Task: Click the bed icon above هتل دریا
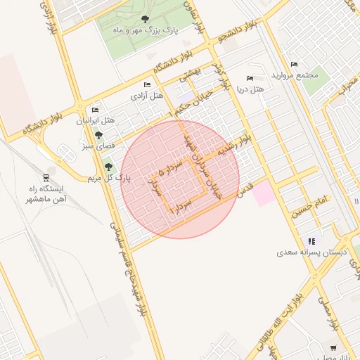point(250,78)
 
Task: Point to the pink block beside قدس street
point(264,193)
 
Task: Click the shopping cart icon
point(333,347)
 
